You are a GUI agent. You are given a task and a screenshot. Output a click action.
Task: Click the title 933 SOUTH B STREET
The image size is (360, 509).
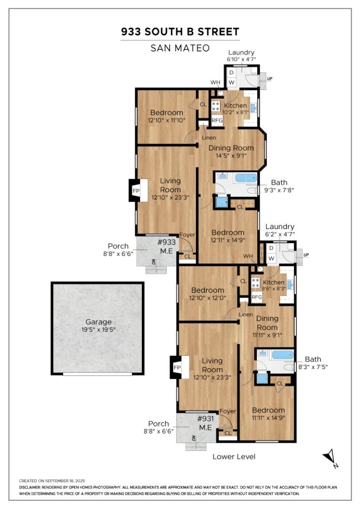[x=180, y=32]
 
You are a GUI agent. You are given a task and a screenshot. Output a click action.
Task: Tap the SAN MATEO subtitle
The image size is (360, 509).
[x=180, y=48]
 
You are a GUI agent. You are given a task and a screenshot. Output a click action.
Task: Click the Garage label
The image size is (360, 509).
[x=98, y=322]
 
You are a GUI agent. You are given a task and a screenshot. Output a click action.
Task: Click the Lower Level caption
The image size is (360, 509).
[x=234, y=456]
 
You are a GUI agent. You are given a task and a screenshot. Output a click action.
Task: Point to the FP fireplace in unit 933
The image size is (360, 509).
[x=136, y=190]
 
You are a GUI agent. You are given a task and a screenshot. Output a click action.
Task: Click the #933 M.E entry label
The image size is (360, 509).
[x=166, y=246]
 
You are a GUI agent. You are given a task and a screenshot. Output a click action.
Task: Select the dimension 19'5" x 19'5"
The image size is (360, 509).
[x=98, y=329]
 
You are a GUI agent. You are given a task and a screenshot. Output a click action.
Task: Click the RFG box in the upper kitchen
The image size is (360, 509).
[x=217, y=120]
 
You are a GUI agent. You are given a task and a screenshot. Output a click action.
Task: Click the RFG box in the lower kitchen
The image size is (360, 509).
[x=257, y=297]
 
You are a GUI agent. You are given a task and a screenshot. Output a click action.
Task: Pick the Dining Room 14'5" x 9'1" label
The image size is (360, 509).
[x=228, y=151]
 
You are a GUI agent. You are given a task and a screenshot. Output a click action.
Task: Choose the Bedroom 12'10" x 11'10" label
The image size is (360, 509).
[x=166, y=116]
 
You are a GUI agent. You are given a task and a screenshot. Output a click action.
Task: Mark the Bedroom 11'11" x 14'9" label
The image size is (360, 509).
[x=268, y=413]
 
